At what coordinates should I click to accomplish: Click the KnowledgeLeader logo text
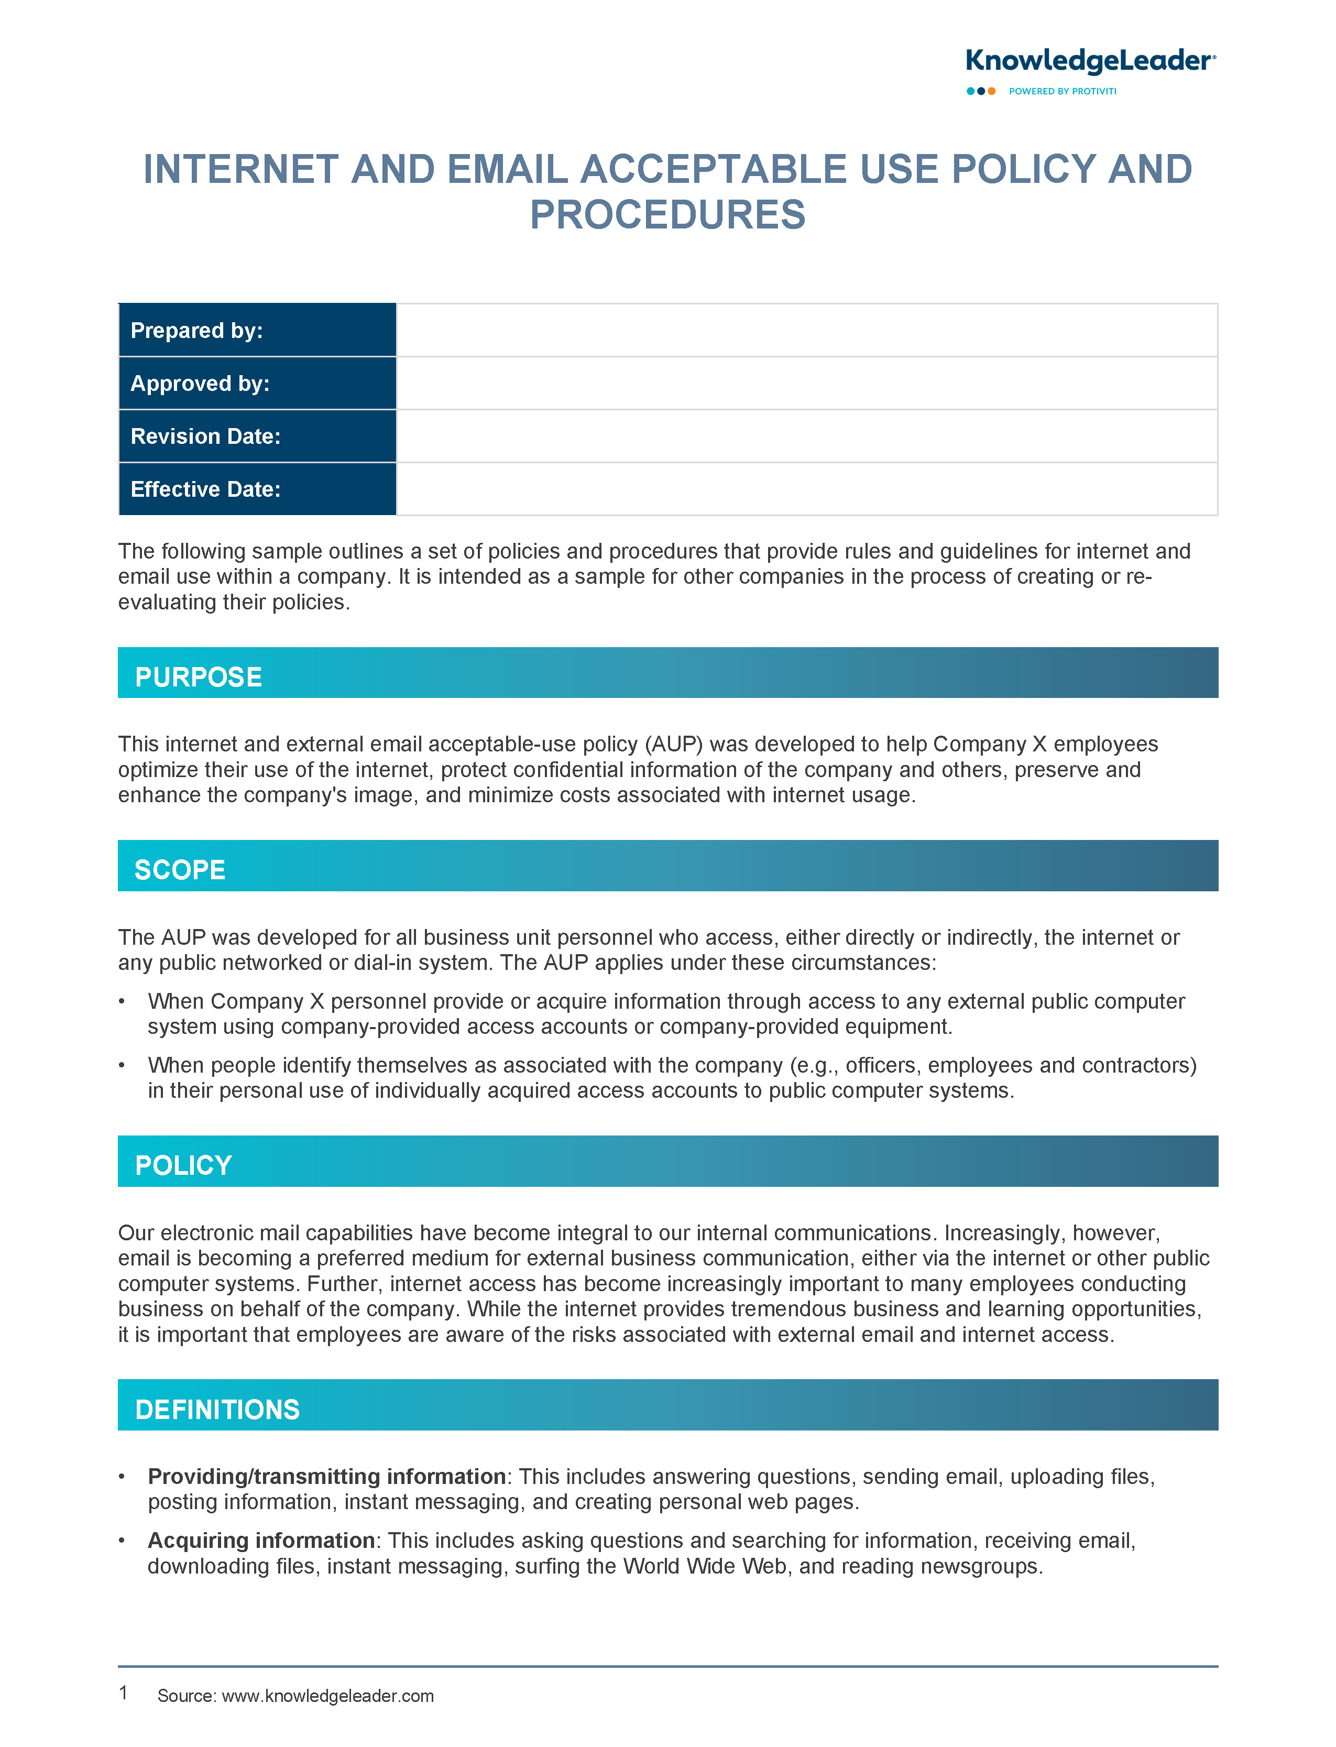(x=1089, y=61)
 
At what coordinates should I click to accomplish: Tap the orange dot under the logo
(x=992, y=92)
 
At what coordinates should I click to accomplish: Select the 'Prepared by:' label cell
(x=257, y=330)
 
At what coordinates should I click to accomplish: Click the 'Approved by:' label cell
(x=257, y=383)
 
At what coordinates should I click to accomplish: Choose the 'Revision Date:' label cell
(x=257, y=436)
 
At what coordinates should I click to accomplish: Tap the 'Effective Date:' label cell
(x=257, y=489)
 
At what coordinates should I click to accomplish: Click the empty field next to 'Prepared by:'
(x=806, y=330)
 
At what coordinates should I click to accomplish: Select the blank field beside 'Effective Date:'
(x=806, y=489)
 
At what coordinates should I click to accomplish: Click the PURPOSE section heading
(x=198, y=676)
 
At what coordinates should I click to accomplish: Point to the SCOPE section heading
(x=180, y=870)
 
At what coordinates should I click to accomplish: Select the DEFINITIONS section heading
(x=217, y=1409)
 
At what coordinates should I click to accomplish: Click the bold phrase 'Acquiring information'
(x=261, y=1540)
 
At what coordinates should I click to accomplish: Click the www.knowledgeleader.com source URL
(x=327, y=1695)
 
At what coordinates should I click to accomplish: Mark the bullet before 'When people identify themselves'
(x=122, y=1065)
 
